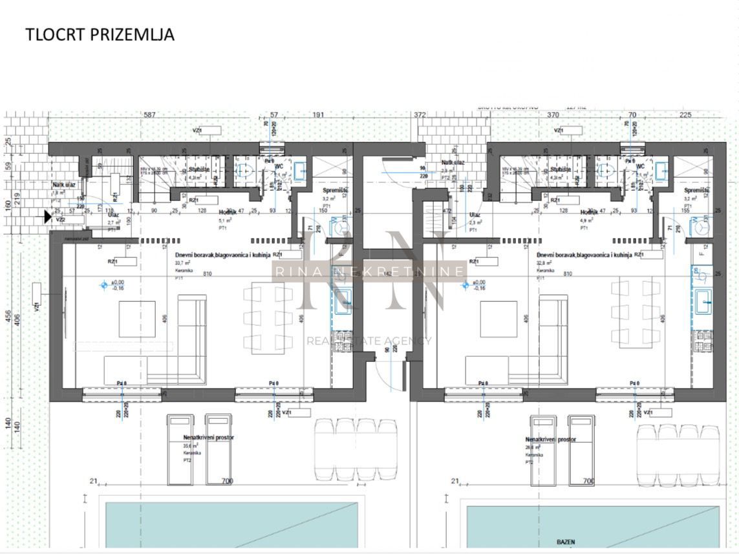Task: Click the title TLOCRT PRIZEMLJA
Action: click(100, 34)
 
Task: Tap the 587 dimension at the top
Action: click(150, 115)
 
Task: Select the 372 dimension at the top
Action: click(420, 115)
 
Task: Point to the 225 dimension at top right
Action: click(685, 115)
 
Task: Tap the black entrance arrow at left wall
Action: click(48, 217)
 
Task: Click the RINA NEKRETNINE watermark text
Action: click(369, 272)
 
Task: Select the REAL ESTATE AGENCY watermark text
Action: click(369, 341)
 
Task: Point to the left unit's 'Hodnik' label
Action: click(227, 212)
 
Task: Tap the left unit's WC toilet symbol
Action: click(245, 171)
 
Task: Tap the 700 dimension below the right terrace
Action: click(588, 482)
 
